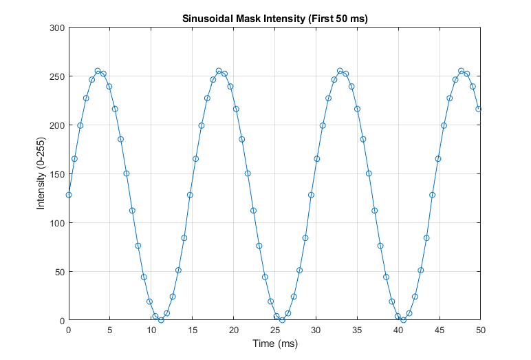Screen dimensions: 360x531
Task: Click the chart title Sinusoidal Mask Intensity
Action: tap(274, 19)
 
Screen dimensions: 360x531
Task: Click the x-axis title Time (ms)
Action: tap(274, 343)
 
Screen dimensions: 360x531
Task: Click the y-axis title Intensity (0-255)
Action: tap(43, 174)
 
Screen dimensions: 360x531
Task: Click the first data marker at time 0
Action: tap(68, 195)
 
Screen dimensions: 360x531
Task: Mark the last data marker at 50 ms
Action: tap(479, 109)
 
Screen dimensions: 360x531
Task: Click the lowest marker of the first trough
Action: tap(161, 320)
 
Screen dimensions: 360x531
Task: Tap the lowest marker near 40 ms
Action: tap(403, 320)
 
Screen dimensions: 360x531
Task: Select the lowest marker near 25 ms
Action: tap(282, 320)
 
